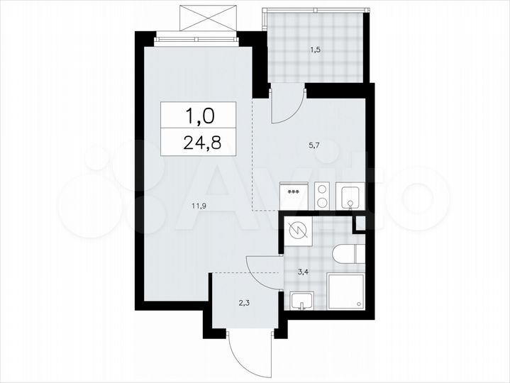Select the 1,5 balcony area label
314,50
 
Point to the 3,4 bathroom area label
302,271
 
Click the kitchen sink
351,196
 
